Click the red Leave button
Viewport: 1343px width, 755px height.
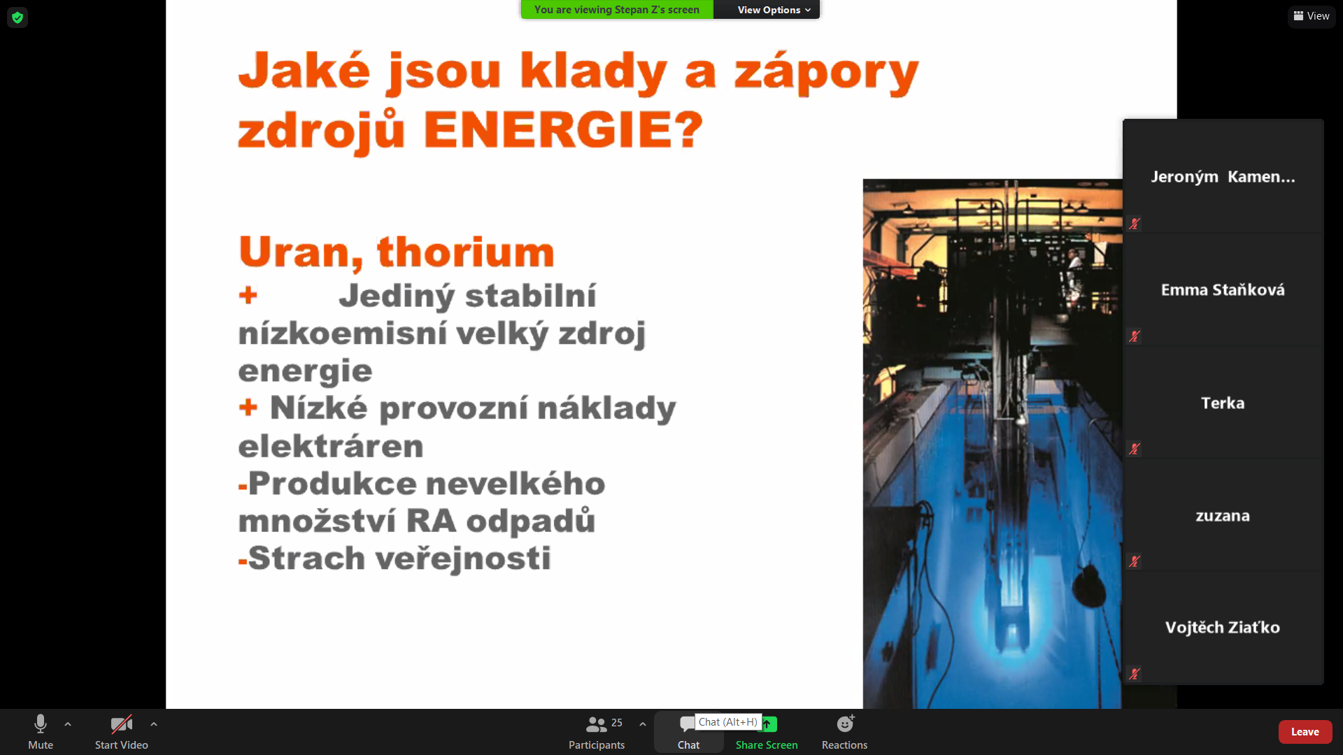pos(1305,731)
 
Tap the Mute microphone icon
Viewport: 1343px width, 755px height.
pos(41,724)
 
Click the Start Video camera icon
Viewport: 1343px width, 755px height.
pos(121,724)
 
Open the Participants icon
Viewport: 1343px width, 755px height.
pos(596,724)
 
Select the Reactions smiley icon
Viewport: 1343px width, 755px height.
pos(845,724)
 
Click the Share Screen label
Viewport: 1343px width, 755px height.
pos(767,745)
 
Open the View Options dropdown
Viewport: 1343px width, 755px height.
pos(774,10)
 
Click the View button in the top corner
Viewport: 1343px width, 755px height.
pos(1312,16)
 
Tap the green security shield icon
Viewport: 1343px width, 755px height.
pos(17,17)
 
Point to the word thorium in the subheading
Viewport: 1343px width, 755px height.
pos(466,252)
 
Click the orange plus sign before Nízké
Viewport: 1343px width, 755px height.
pos(248,407)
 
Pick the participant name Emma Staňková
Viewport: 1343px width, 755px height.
pos(1223,289)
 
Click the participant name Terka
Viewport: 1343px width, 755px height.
pos(1223,403)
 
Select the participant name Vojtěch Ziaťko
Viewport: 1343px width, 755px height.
pos(1223,628)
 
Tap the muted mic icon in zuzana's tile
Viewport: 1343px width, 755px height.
pos(1134,561)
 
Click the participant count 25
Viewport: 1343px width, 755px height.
pos(616,723)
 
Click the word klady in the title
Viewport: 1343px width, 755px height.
pos(593,72)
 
